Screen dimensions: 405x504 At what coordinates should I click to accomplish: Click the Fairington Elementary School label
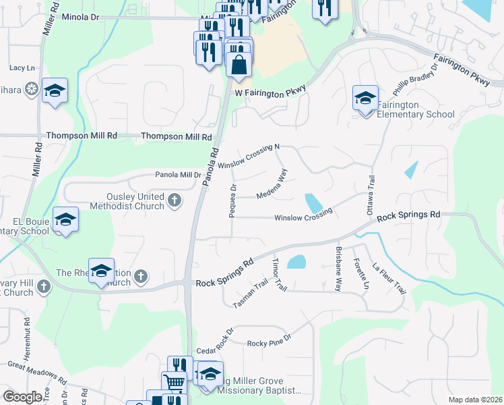click(416, 109)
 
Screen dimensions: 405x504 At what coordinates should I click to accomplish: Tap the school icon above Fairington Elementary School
click(365, 99)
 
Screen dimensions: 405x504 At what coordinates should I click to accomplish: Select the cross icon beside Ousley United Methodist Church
click(175, 200)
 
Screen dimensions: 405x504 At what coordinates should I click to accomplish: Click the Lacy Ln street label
click(22, 67)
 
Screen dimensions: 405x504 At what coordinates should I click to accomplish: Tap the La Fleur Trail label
click(389, 278)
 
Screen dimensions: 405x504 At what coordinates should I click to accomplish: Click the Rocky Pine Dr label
click(269, 343)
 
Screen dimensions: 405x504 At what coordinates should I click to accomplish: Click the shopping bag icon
click(239, 65)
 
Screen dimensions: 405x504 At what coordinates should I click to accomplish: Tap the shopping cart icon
click(175, 383)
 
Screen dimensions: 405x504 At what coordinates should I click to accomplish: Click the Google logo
click(22, 397)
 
